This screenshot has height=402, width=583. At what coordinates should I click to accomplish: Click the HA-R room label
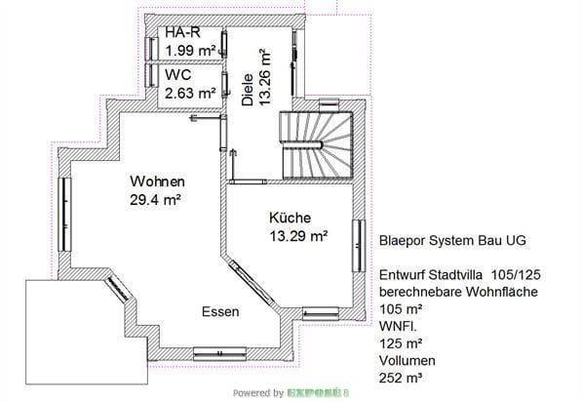tap(182, 32)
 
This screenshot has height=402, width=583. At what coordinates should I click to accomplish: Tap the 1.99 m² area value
tap(191, 51)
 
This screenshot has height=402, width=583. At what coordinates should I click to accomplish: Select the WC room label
tap(178, 75)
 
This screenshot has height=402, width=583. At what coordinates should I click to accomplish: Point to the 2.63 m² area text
tap(190, 93)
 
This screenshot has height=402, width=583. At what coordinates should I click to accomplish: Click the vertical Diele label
tap(248, 90)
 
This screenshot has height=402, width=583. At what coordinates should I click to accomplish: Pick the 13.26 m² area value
tap(265, 77)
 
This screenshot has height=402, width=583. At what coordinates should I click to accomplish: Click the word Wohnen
tap(157, 181)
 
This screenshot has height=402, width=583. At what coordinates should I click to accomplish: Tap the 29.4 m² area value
tap(155, 200)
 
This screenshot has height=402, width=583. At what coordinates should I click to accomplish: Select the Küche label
tap(290, 218)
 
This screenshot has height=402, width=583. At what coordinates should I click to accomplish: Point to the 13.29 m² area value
tap(298, 235)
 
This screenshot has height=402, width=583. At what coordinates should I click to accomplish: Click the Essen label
tap(220, 311)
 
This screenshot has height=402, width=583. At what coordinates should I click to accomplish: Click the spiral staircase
tap(316, 144)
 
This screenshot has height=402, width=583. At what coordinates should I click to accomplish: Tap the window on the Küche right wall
tap(359, 246)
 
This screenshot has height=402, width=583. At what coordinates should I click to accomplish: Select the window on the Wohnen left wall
tap(64, 215)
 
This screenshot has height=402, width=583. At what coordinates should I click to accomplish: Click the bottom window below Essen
tap(219, 353)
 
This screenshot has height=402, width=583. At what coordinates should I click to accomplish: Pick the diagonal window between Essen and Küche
tap(252, 282)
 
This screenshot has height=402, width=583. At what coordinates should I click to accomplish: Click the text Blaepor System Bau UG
tap(452, 240)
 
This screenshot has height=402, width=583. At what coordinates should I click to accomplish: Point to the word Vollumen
tap(408, 360)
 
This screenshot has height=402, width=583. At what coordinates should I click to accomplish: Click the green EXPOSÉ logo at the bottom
tap(318, 392)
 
